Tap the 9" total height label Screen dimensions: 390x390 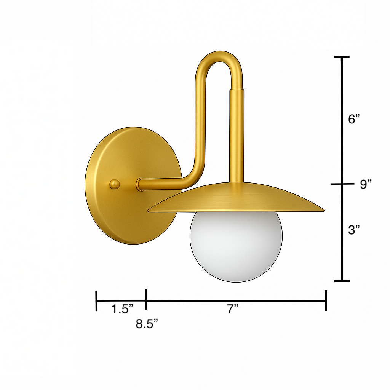pos(366,185)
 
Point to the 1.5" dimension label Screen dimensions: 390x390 pos(122,309)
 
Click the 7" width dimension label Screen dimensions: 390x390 pos(233,309)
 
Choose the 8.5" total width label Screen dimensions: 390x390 pos(147,324)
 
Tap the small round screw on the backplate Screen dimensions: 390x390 pos(115,184)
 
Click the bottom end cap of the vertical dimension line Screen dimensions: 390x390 pos(342,281)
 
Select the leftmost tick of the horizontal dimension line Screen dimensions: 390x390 pos(97,300)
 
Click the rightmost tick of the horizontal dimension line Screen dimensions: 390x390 pos(326,300)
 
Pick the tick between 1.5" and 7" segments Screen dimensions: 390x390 pos(146,300)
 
